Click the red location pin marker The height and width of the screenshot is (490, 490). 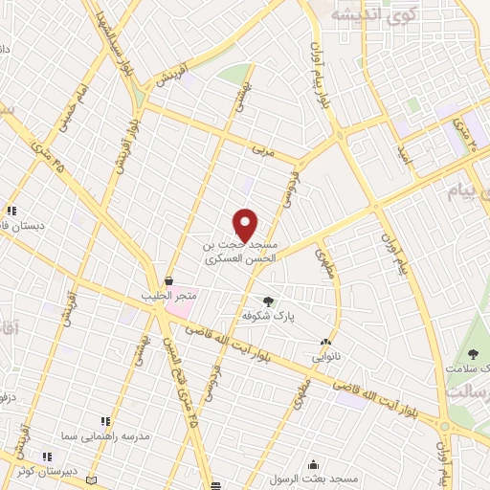pyautogui.click(x=246, y=225)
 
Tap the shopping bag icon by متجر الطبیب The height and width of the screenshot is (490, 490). pyautogui.click(x=169, y=281)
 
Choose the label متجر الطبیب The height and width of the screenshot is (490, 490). pyautogui.click(x=169, y=296)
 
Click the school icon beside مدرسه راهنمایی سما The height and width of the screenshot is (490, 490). pyautogui.click(x=105, y=421)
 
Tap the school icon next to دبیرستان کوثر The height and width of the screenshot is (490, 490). pyautogui.click(x=45, y=457)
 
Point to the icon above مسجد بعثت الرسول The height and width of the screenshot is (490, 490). pyautogui.click(x=314, y=464)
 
